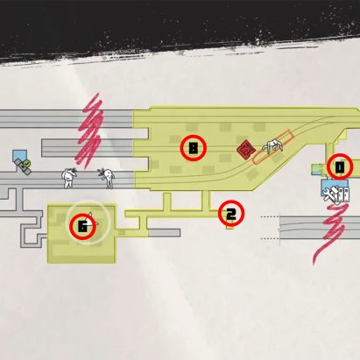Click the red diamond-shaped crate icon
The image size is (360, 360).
(x=246, y=150)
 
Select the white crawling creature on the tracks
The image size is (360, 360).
(x=273, y=145)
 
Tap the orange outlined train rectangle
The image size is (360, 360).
(x=272, y=147)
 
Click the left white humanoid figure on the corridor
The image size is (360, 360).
(x=68, y=178)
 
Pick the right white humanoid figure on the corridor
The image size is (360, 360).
(x=107, y=177)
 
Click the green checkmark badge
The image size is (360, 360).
(x=27, y=164)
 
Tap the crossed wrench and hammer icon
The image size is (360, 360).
(x=329, y=194)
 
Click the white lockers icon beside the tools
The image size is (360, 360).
(x=342, y=194)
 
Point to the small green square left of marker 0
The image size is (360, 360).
(x=316, y=169)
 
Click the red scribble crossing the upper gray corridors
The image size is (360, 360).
(x=89, y=131)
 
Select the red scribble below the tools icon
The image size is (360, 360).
(x=331, y=230)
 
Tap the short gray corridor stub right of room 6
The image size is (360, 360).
(x=164, y=233)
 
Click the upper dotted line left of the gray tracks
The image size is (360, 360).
(x=269, y=217)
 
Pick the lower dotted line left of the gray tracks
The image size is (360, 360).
(x=269, y=239)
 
